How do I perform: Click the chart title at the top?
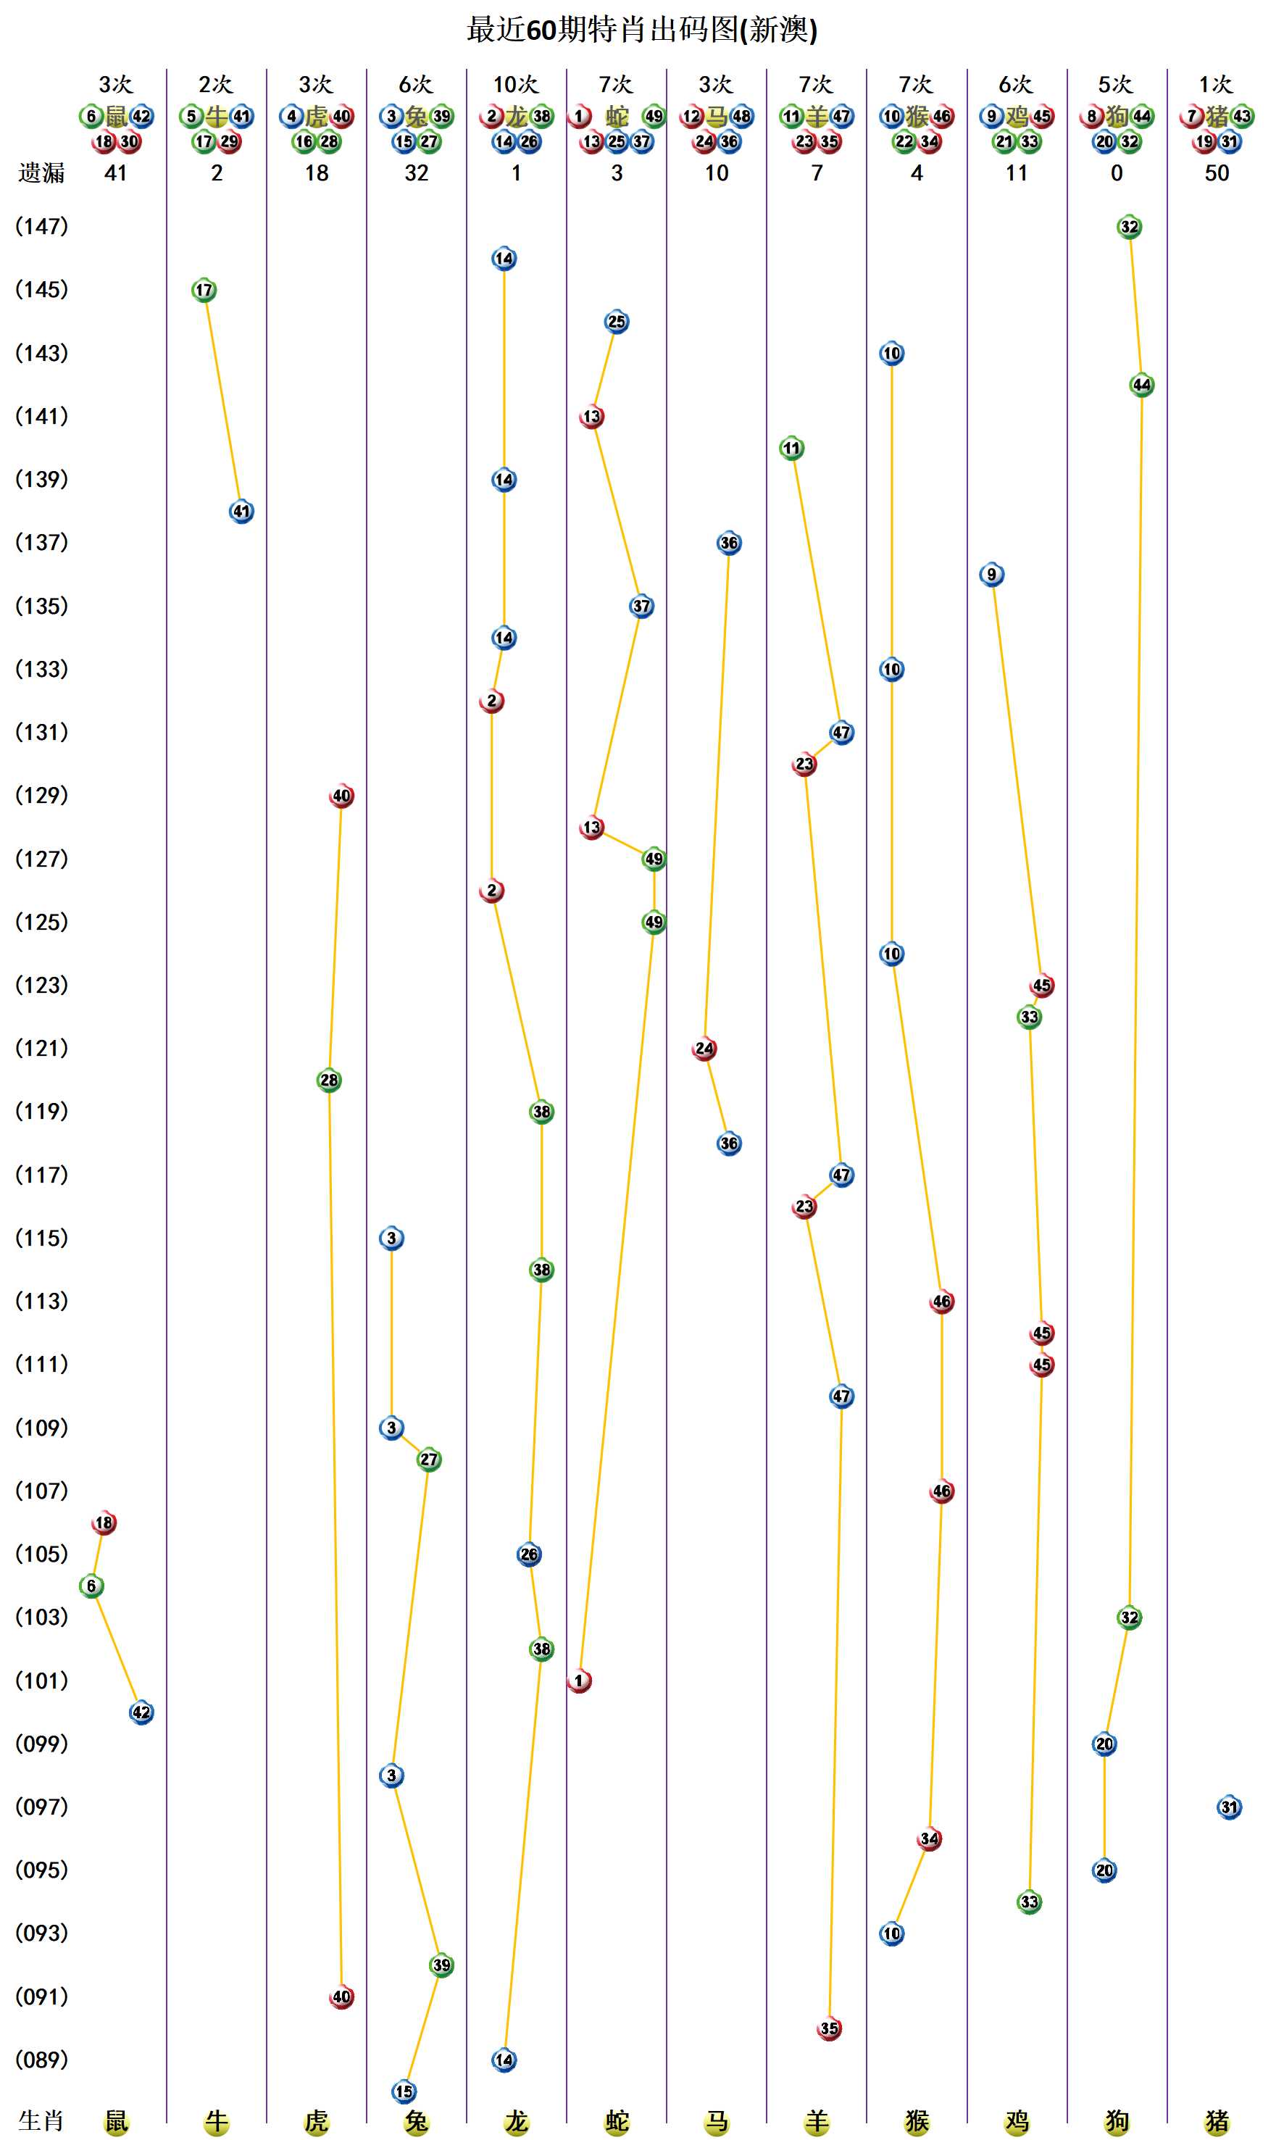[x=641, y=30]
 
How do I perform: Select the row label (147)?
[x=41, y=227]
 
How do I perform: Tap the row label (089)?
[x=41, y=2060]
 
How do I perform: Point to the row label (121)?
[x=41, y=1048]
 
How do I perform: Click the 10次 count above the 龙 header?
[x=516, y=85]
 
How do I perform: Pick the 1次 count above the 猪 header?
[x=1216, y=85]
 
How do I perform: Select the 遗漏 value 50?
[x=1217, y=173]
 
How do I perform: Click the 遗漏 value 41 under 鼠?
[x=116, y=173]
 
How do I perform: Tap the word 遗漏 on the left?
[x=41, y=173]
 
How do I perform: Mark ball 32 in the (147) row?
[x=1129, y=227]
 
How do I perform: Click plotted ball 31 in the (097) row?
[x=1229, y=1807]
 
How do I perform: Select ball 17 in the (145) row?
[x=204, y=290]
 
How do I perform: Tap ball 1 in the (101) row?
[x=579, y=1681]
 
